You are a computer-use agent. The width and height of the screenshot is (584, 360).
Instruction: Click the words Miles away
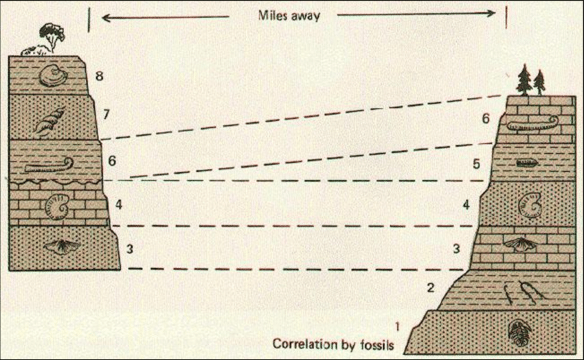pos(289,15)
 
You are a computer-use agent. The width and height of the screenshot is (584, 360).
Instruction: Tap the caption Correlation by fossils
pos(333,344)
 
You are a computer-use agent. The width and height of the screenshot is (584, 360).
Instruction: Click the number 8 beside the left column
pos(99,76)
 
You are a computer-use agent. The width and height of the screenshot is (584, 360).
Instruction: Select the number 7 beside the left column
pos(106,114)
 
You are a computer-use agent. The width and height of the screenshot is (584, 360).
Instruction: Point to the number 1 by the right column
pos(397,327)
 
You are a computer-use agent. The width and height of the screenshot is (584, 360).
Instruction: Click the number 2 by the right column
pos(431,287)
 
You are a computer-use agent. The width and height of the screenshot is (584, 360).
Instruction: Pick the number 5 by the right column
pos(476,164)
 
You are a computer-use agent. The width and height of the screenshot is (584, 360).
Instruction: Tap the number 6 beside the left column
pos(112,161)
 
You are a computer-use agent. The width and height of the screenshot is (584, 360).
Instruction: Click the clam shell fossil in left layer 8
pos(54,76)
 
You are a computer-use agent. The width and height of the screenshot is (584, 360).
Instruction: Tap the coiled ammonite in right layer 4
pos(529,204)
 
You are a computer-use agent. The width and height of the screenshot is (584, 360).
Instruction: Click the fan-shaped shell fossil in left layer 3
pos(62,246)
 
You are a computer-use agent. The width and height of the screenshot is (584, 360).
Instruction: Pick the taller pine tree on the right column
pos(524,80)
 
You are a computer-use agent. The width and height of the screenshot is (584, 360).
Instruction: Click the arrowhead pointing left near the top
pos(106,17)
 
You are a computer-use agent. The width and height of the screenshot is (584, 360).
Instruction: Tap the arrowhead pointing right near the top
pos(491,13)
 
